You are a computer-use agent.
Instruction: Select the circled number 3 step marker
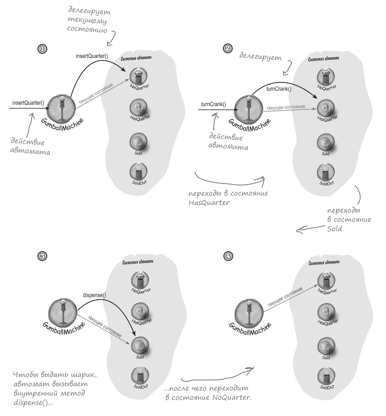click(43, 256)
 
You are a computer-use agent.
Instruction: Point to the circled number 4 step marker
click(228, 256)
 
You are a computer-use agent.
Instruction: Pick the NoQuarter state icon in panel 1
click(138, 76)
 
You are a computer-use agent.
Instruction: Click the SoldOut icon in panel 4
click(326, 377)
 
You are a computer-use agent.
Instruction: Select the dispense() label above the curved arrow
click(94, 295)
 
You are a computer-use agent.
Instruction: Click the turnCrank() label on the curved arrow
click(279, 89)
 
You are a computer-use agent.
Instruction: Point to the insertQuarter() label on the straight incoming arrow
click(28, 103)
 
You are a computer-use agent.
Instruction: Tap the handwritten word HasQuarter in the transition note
click(209, 202)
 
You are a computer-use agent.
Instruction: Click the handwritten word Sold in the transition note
click(334, 229)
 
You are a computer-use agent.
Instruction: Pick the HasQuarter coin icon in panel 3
click(140, 312)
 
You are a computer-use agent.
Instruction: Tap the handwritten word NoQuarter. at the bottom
click(232, 397)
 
